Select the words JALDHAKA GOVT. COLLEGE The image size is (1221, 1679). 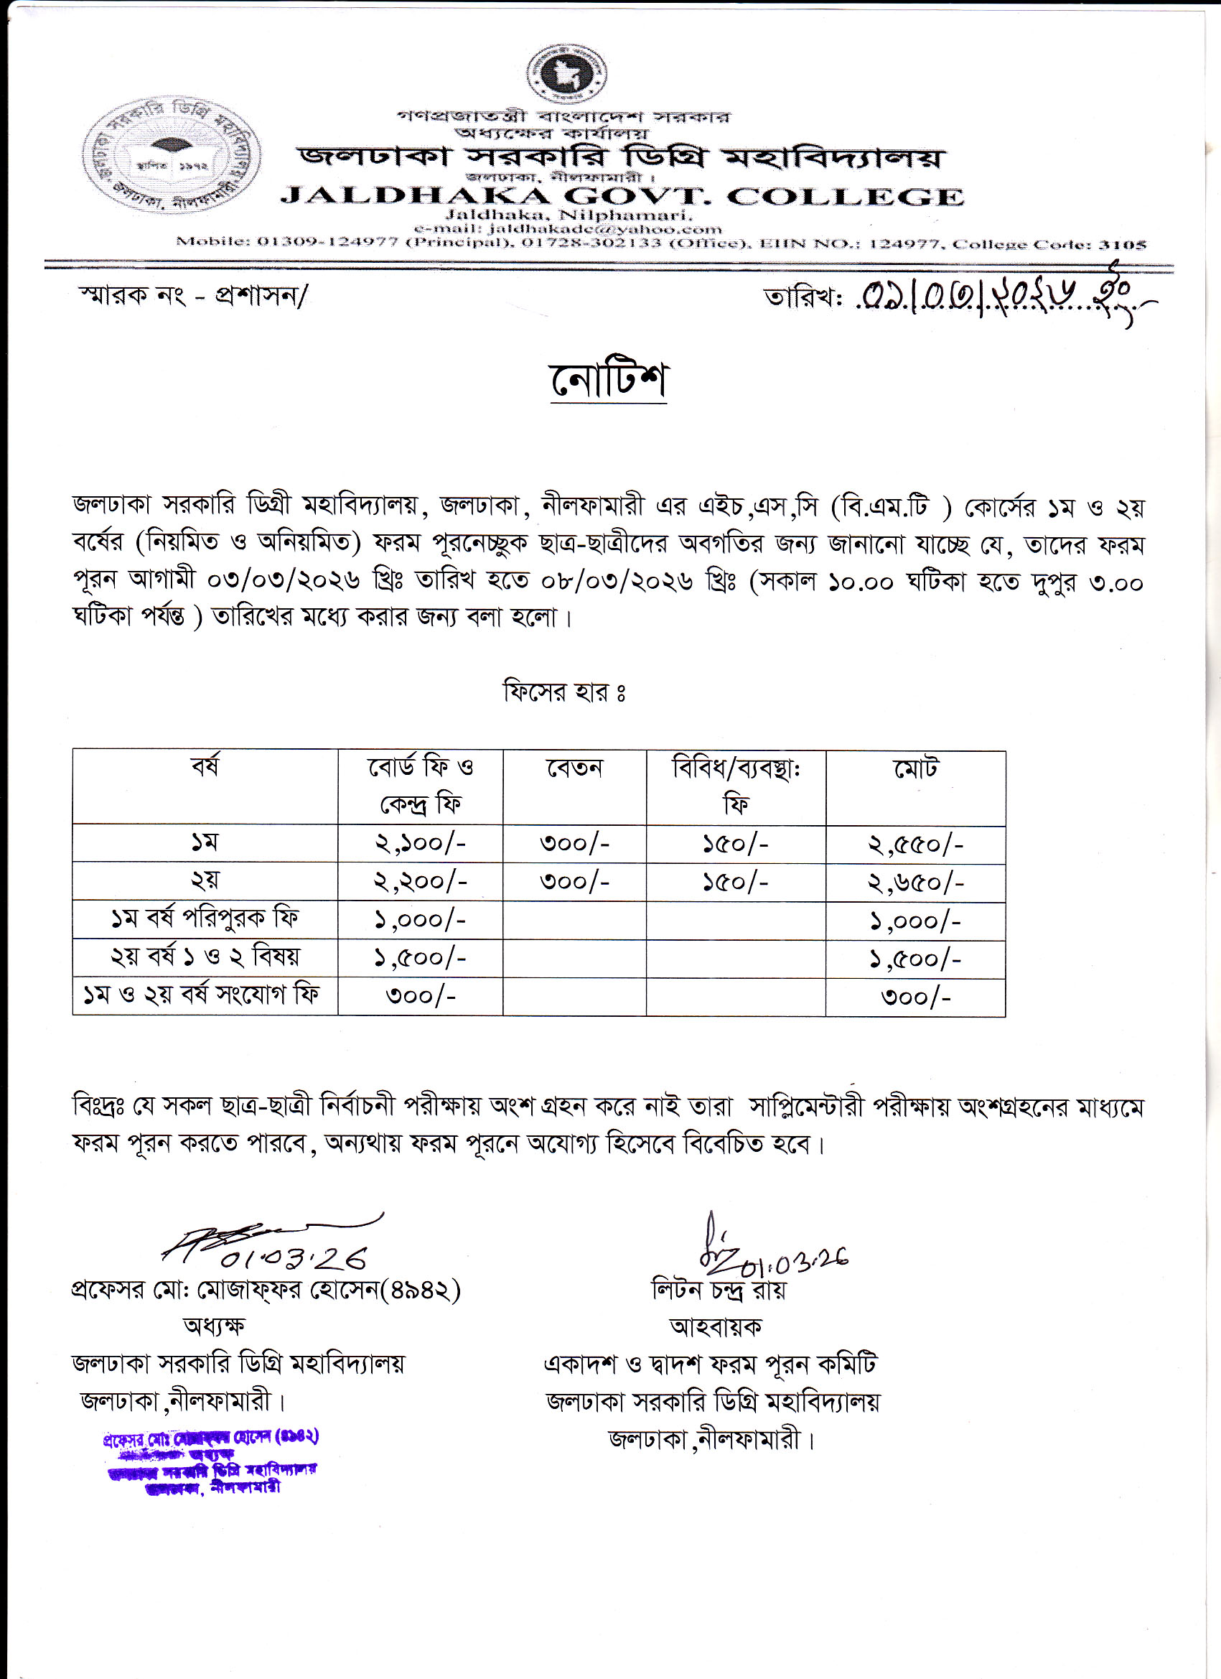click(x=622, y=197)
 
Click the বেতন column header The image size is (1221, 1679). click(x=574, y=768)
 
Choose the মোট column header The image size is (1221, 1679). click(x=915, y=768)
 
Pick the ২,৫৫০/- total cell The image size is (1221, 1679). click(x=915, y=845)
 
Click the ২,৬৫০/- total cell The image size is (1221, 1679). click(x=915, y=883)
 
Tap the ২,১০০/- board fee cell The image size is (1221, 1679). click(x=421, y=844)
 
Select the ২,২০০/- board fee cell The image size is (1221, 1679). click(x=421, y=882)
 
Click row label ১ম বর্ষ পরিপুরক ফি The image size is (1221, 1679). click(x=205, y=919)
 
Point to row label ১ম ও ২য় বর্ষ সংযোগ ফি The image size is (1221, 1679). click(x=201, y=995)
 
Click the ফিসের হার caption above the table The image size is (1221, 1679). click(x=565, y=692)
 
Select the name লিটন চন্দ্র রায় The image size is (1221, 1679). click(x=719, y=1290)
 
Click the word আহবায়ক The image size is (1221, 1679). click(x=715, y=1326)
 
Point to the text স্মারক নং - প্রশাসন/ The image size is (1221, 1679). click(x=193, y=296)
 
